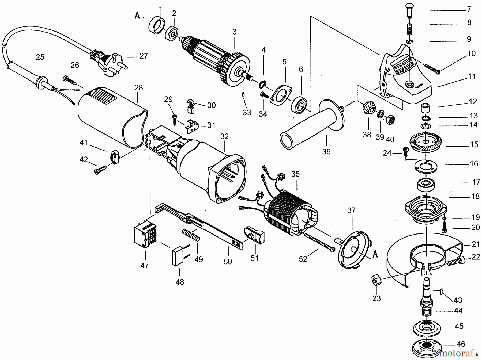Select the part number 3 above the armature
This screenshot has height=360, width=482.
(x=235, y=32)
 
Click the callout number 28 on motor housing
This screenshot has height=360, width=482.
(x=139, y=88)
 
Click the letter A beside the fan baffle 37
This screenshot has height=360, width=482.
(x=375, y=254)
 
